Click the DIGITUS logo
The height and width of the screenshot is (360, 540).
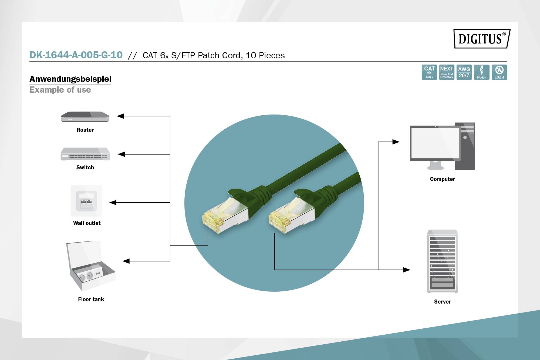coord(482,39)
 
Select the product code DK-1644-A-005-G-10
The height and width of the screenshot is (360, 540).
coord(76,55)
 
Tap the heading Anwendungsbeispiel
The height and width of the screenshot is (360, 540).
coord(70,79)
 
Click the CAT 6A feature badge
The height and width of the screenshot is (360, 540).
coord(429,72)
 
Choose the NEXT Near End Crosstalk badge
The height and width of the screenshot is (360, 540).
coord(447,72)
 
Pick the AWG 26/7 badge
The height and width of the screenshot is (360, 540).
coord(464,72)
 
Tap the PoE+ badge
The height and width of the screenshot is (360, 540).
coord(481,72)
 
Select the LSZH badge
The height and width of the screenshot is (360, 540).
coord(499,72)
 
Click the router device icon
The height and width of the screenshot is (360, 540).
coord(85,117)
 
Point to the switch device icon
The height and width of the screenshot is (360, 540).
coord(85,154)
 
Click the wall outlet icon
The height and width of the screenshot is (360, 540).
coord(86,201)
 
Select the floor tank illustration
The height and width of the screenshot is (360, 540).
coord(90,266)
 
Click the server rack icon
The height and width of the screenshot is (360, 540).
coord(442,261)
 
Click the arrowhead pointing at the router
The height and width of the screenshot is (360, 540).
coord(120,116)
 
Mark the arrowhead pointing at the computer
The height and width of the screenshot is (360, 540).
coord(396,142)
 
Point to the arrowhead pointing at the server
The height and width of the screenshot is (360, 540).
coord(407,270)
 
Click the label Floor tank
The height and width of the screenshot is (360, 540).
coord(91,299)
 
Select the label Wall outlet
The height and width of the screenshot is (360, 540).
coord(87,223)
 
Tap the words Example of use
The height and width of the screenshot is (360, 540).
coord(60,90)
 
